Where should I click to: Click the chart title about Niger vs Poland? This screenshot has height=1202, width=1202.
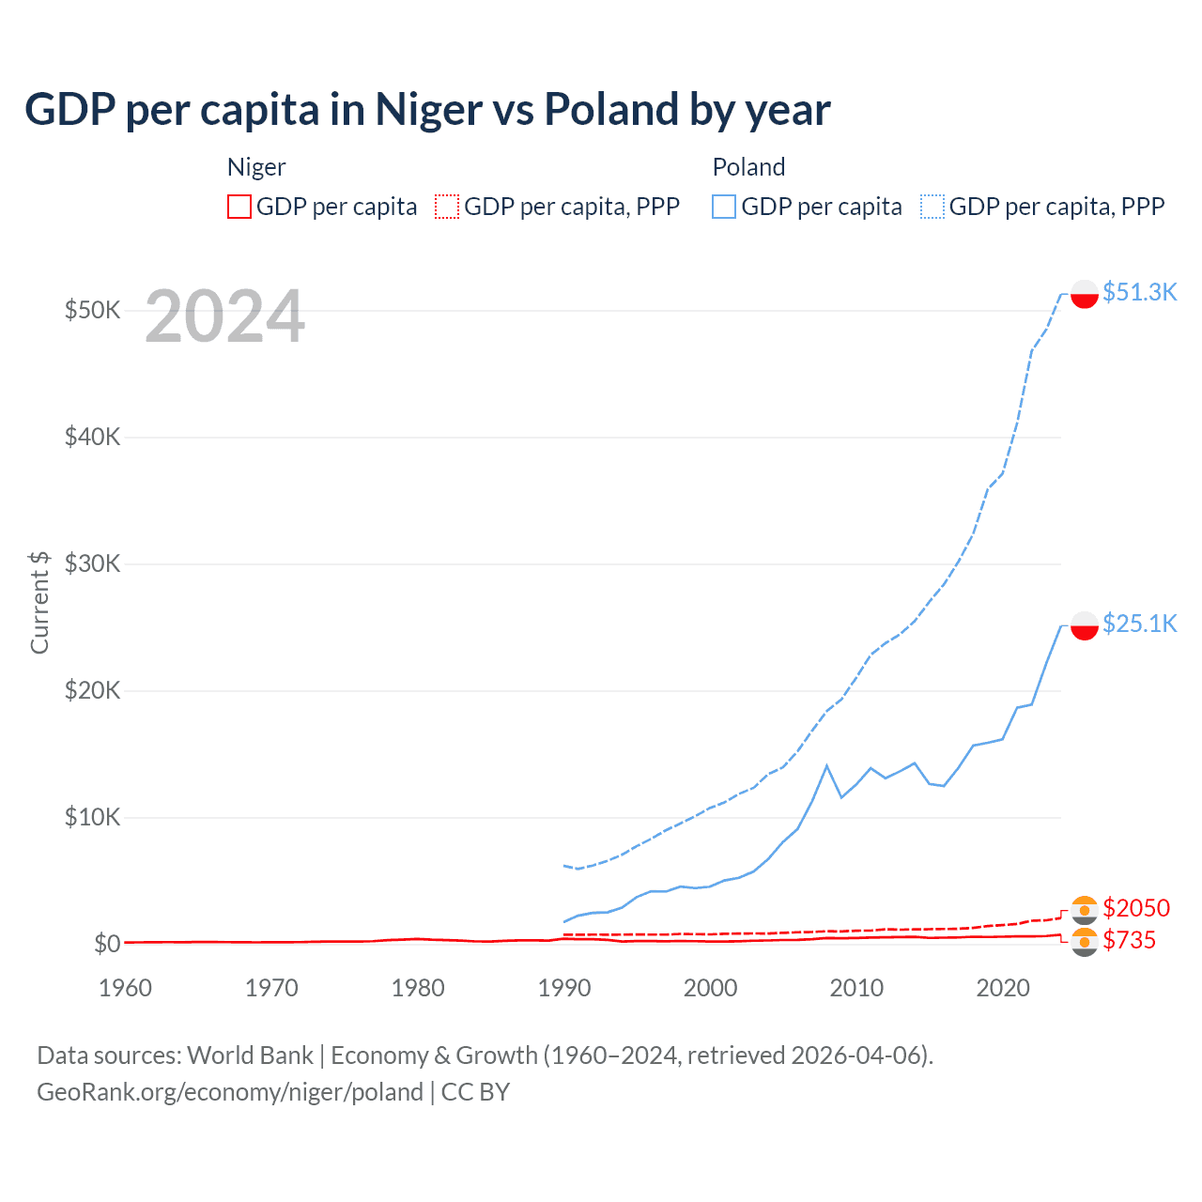[x=427, y=109]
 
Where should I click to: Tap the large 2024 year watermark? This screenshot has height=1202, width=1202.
[x=224, y=317]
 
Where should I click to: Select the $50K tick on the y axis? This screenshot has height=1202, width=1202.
[x=92, y=310]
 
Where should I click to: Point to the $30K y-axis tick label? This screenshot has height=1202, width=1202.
[x=92, y=563]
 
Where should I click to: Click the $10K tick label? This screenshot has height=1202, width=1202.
[x=92, y=817]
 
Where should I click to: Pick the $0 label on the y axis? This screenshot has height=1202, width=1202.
[x=107, y=944]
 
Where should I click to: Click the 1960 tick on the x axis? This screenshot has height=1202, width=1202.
[x=125, y=988]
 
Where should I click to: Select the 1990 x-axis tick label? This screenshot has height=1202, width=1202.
[x=564, y=988]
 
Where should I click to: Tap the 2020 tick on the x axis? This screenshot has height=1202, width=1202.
[x=1003, y=988]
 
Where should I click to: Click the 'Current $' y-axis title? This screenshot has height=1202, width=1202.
[x=39, y=602]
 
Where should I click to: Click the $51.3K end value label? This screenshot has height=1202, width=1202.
[x=1139, y=292]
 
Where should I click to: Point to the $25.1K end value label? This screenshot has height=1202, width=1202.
[x=1139, y=624]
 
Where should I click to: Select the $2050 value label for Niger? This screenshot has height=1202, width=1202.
[x=1136, y=908]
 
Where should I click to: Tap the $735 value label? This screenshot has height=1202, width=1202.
[x=1129, y=940]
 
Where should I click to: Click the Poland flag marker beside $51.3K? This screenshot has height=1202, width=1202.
[x=1085, y=294]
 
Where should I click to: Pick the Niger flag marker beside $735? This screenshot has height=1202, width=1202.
[x=1085, y=942]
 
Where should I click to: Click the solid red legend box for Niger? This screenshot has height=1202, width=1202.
[x=239, y=207]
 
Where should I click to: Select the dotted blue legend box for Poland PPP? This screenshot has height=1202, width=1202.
[x=932, y=207]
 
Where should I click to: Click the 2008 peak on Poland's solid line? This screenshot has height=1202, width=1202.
[x=826, y=765]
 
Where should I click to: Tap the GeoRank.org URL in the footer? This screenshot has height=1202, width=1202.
[x=230, y=1092]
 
